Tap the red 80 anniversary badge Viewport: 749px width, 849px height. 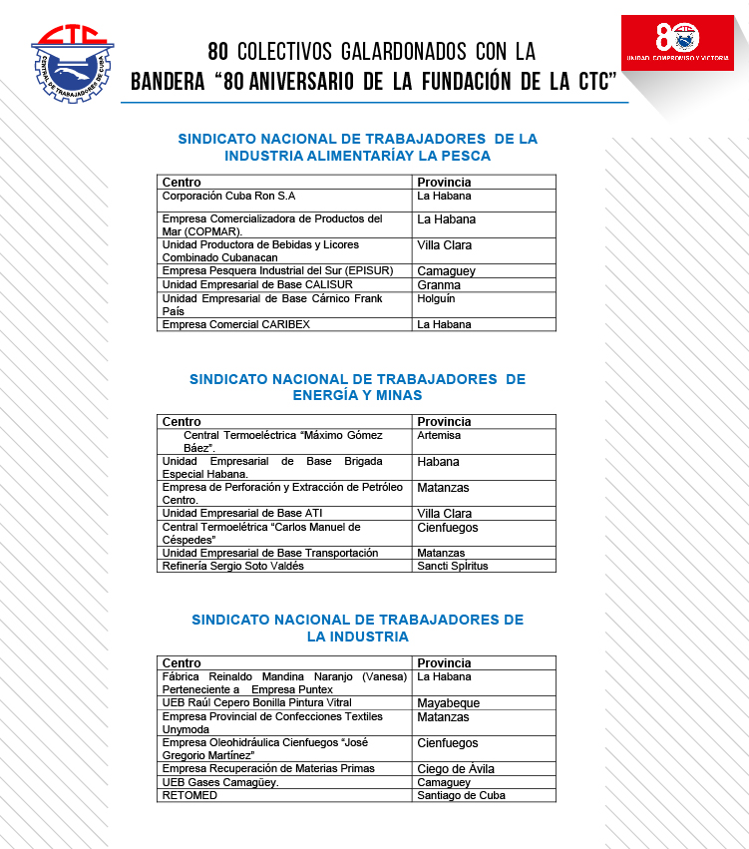tap(677, 42)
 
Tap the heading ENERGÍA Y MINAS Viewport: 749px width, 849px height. tap(357, 395)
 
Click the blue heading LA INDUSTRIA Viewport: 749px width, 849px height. tap(357, 637)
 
